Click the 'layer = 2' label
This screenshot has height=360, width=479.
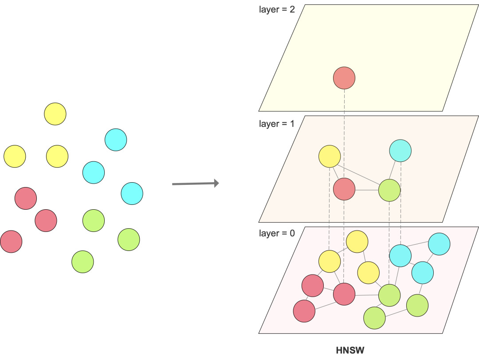point(277,9)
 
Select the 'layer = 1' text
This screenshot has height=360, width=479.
point(277,124)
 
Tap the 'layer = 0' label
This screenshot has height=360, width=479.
point(277,233)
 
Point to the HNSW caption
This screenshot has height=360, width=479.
point(350,350)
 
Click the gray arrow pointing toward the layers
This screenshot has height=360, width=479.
point(195,183)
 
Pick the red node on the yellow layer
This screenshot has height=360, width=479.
point(344,78)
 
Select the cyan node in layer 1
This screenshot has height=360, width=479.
point(400,151)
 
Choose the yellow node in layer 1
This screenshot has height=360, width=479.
point(330,156)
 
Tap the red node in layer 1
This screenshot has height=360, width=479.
point(344,189)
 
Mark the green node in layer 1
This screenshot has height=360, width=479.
point(389,190)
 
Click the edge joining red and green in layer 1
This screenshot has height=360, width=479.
point(367,190)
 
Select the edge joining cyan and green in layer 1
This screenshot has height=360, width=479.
point(394,171)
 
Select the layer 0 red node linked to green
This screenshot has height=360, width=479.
point(344,293)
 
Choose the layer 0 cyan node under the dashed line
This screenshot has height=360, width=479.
point(400,256)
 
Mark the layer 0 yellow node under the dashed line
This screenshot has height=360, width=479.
point(330,261)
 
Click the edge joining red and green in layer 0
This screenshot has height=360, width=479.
point(367,295)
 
